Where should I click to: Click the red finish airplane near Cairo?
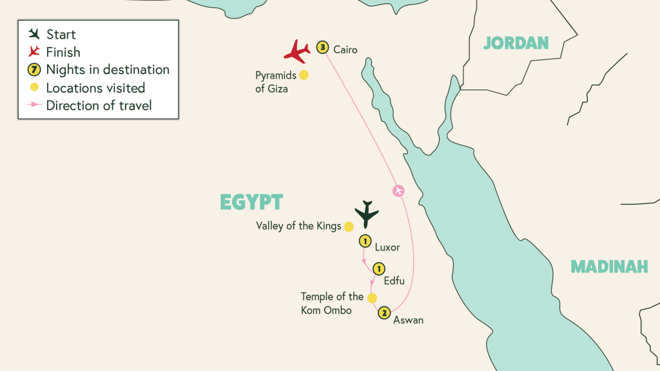click(x=297, y=52)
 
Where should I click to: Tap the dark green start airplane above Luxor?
click(x=366, y=214)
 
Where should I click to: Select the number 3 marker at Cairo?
click(x=323, y=47)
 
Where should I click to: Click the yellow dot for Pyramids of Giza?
click(x=304, y=75)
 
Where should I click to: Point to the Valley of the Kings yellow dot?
click(x=349, y=226)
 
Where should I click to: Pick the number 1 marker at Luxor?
click(x=365, y=242)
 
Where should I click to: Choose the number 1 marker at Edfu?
click(x=379, y=269)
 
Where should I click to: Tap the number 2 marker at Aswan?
click(x=384, y=313)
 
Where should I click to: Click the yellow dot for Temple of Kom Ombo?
click(x=372, y=298)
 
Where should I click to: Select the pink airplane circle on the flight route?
click(x=398, y=191)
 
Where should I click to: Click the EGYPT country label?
click(x=251, y=202)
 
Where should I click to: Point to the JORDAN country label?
click(x=516, y=43)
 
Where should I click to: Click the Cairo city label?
click(x=345, y=50)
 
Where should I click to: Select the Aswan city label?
click(x=409, y=319)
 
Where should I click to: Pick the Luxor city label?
click(x=387, y=247)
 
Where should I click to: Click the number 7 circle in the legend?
click(x=34, y=70)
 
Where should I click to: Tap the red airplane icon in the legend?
click(x=34, y=52)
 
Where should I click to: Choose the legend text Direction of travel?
click(x=99, y=106)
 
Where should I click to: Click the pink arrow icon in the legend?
click(x=34, y=105)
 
